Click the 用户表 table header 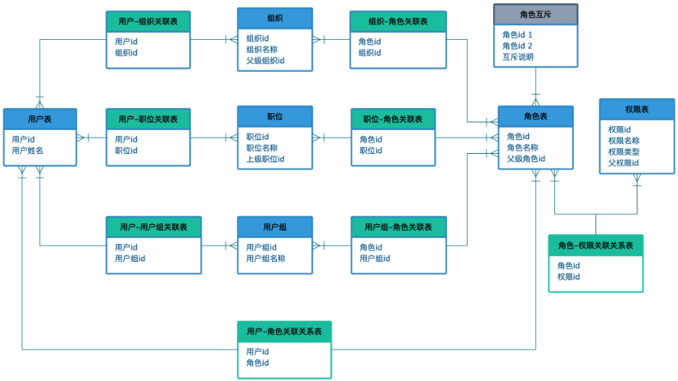click(40, 119)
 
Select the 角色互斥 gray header click(535, 15)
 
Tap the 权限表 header click(637, 109)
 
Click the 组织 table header click(274, 18)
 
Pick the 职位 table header click(274, 116)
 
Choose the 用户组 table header click(274, 227)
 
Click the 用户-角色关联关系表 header click(284, 331)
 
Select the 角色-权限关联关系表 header click(595, 246)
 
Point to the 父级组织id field click(265, 60)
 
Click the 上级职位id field click(265, 159)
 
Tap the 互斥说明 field click(517, 57)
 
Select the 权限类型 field click(624, 151)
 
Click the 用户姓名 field click(28, 150)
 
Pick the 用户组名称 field click(265, 259)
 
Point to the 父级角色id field click(526, 158)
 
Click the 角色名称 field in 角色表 click(522, 147)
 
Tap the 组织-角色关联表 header click(397, 21)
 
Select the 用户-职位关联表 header click(148, 119)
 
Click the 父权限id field click(623, 163)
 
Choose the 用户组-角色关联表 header click(398, 227)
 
